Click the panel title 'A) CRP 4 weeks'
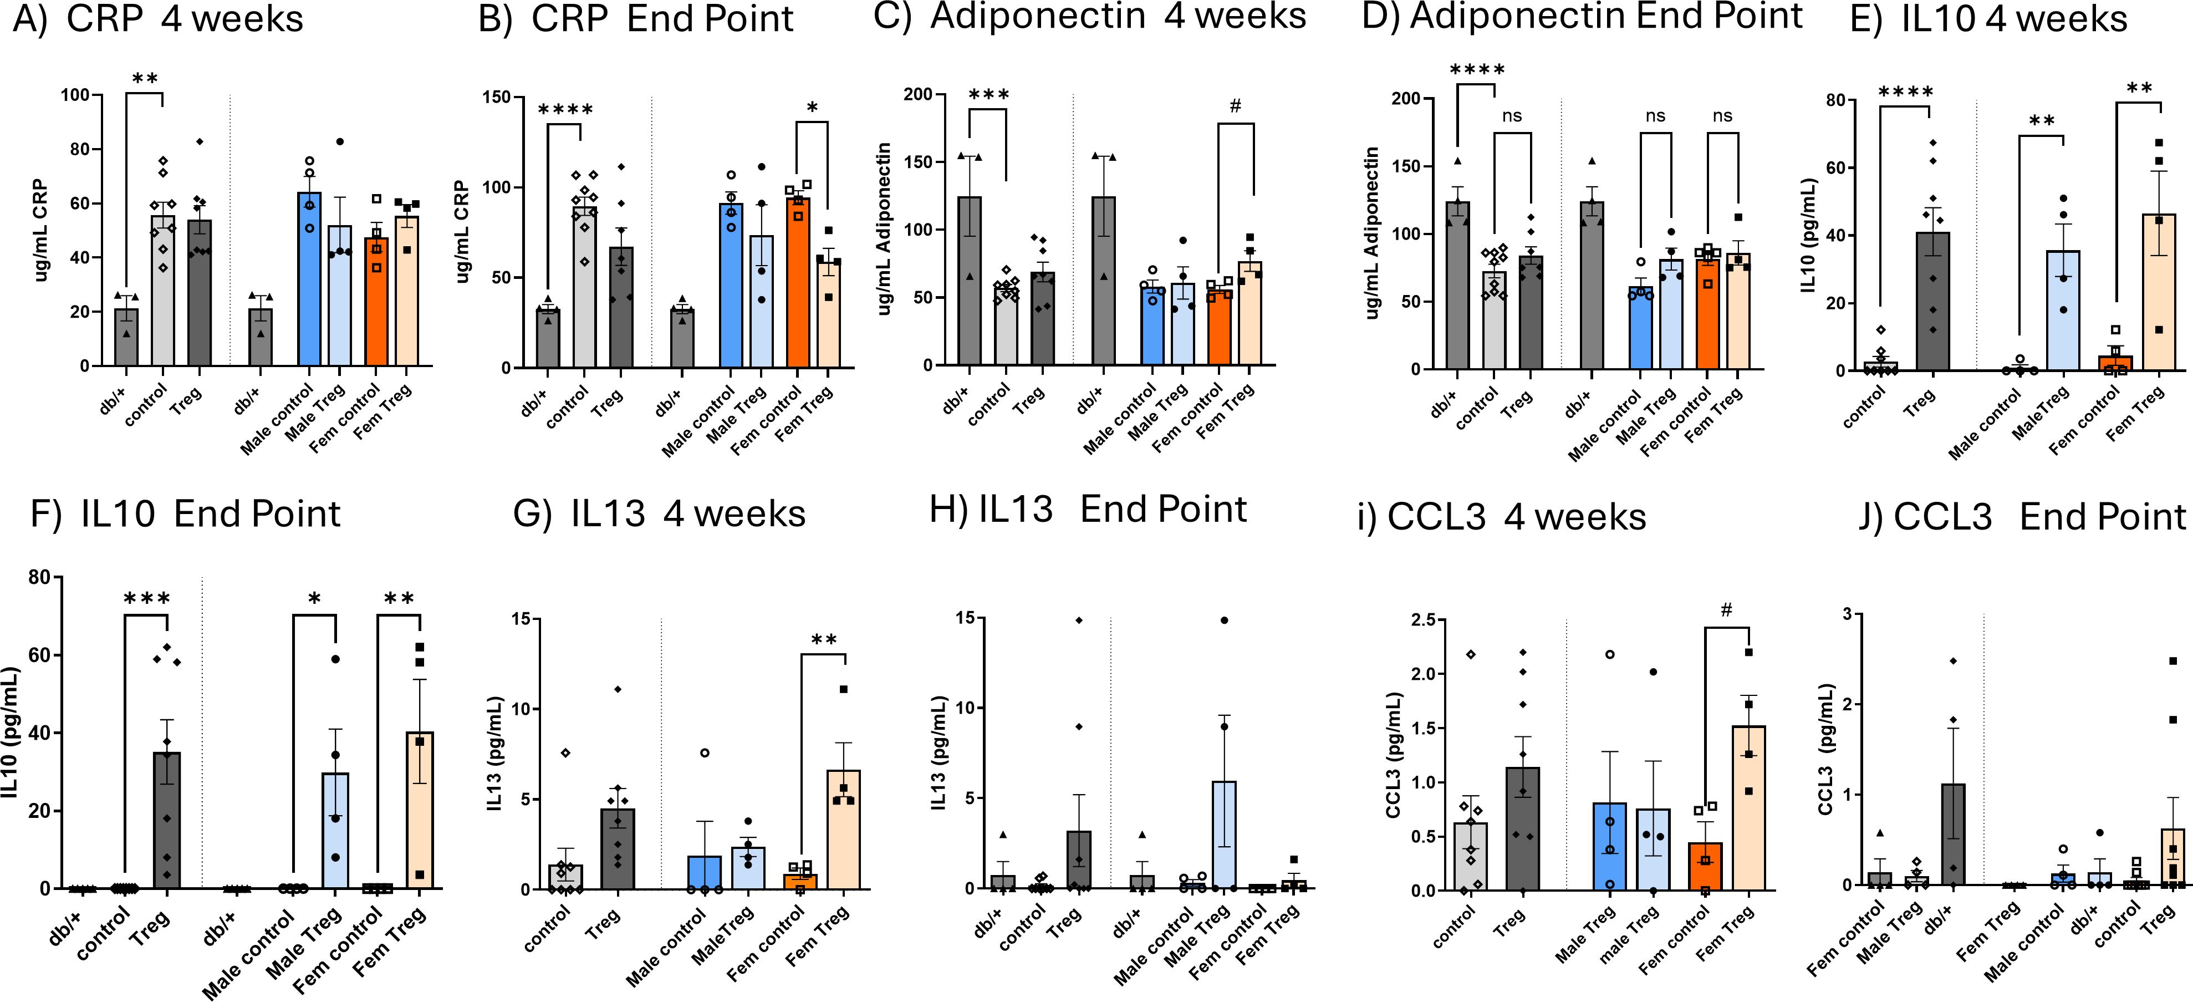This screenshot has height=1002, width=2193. pyautogui.click(x=157, y=19)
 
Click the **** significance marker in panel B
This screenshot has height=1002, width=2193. pyautogui.click(x=565, y=110)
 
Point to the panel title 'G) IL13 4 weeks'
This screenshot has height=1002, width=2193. pyautogui.click(x=659, y=514)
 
